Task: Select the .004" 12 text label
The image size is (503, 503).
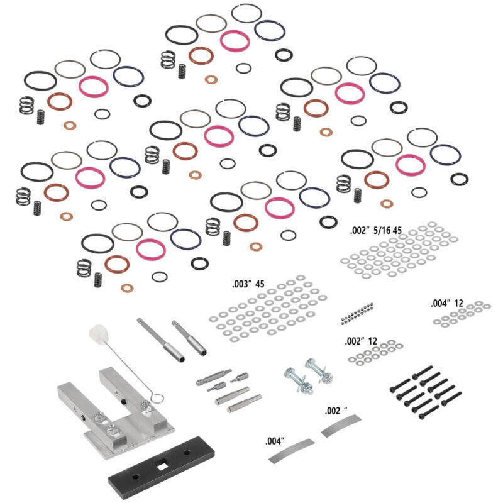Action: click(447, 303)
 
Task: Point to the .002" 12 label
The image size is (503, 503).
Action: click(360, 341)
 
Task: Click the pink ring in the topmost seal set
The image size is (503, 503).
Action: click(235, 40)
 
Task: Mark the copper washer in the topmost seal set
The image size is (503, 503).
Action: click(211, 80)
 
